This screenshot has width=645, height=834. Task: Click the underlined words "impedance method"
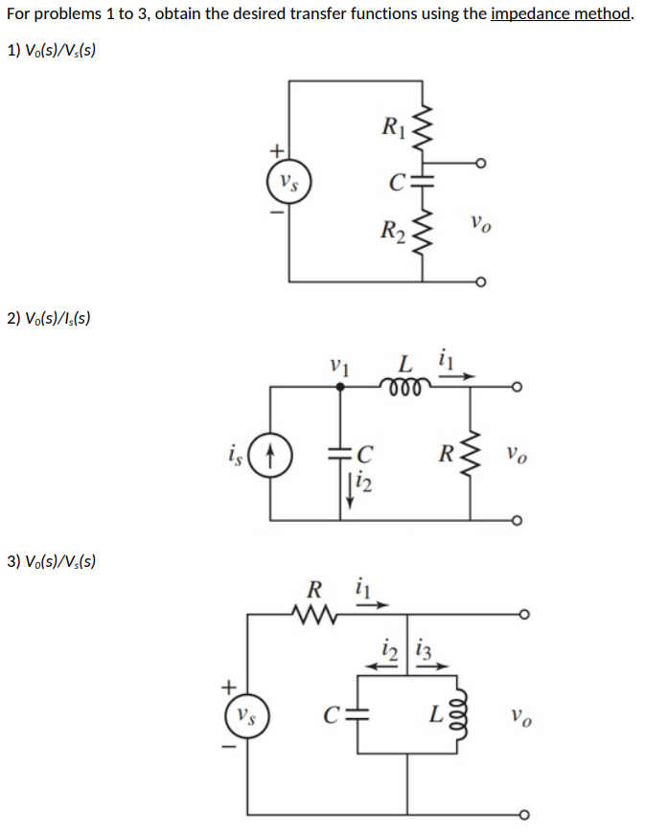point(561,15)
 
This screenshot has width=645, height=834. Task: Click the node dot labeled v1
point(340,387)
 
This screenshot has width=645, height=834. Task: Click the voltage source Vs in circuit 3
point(247,714)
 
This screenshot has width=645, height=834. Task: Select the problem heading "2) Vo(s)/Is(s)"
point(48,317)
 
